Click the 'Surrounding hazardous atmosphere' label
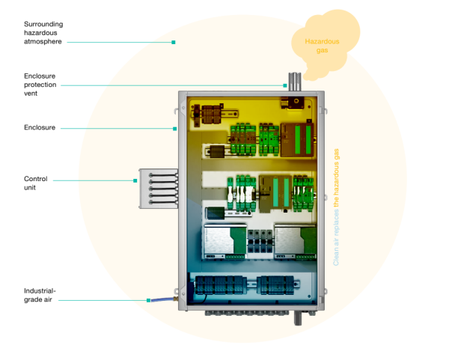(43, 33)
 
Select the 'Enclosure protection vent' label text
(39, 81)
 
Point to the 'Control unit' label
(36, 183)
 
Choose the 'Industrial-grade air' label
(40, 295)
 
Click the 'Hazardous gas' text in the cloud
(321, 45)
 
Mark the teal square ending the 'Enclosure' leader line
(174, 129)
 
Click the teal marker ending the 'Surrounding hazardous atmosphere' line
(174, 42)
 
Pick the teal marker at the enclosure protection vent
(285, 85)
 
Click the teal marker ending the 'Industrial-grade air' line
(149, 300)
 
